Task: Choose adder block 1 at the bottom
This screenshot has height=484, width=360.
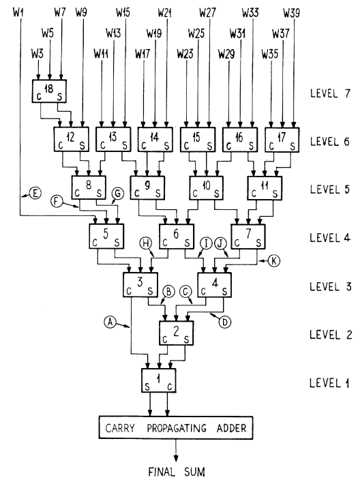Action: pyautogui.click(x=158, y=380)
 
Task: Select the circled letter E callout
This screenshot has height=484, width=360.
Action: pyautogui.click(x=33, y=195)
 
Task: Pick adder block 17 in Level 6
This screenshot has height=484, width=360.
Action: pyautogui.click(x=282, y=140)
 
